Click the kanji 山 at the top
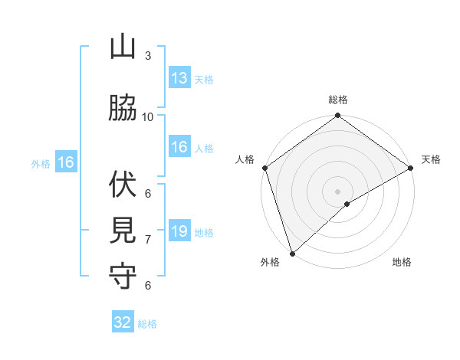click(123, 47)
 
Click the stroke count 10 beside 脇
click(148, 116)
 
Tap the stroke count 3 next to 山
click(148, 56)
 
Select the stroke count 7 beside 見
click(148, 240)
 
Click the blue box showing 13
click(179, 78)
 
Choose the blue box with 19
click(179, 231)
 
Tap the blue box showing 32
click(123, 322)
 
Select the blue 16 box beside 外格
click(65, 162)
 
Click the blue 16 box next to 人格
click(179, 147)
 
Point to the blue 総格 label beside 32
click(147, 324)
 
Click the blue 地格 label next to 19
click(204, 233)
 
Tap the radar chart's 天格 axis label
click(431, 159)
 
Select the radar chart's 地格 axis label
click(402, 263)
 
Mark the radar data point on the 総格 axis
click(337, 116)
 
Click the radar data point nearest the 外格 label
click(291, 253)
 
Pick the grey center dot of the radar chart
click(337, 191)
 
